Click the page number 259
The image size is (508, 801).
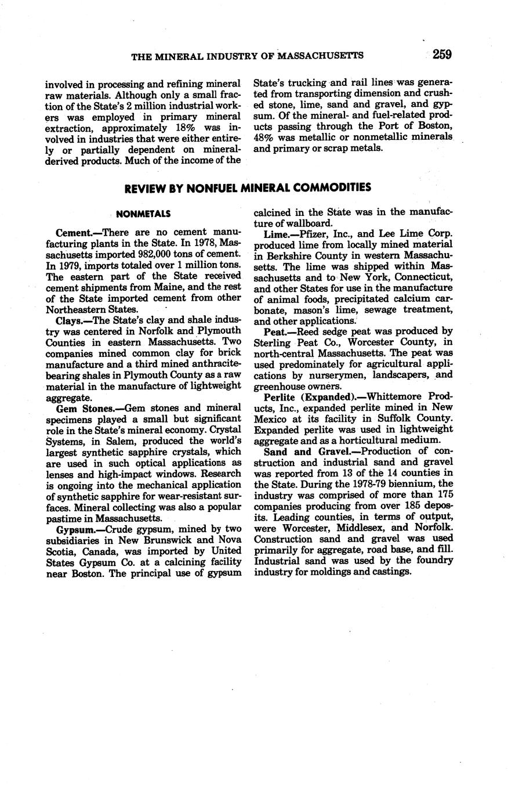point(441,55)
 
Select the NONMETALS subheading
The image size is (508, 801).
point(143,214)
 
